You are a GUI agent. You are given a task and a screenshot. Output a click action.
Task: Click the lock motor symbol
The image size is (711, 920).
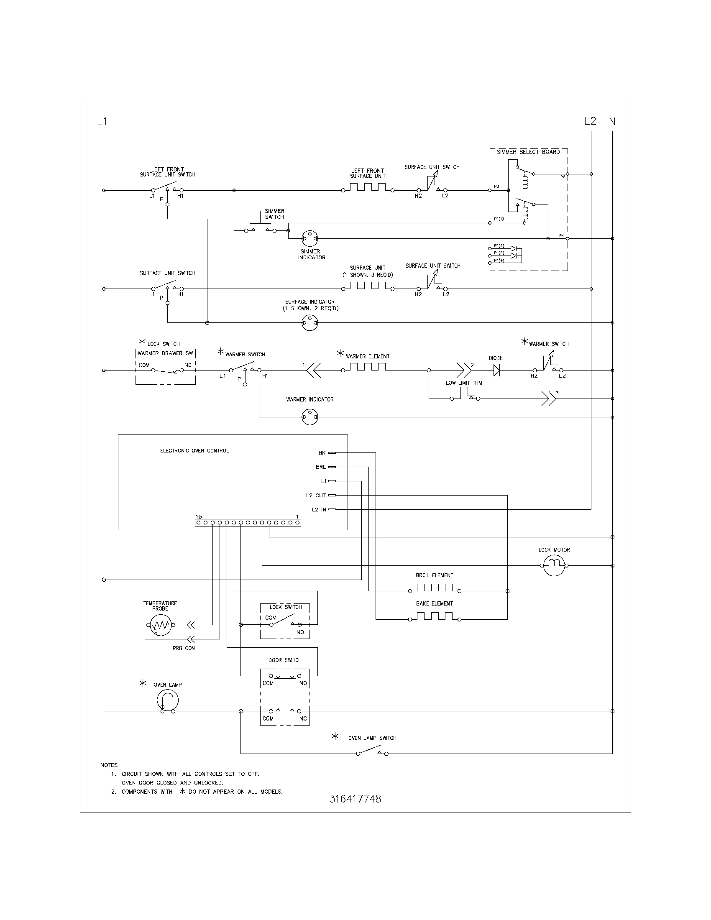click(x=554, y=565)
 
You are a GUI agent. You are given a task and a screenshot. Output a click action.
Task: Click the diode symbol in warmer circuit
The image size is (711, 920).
click(x=496, y=370)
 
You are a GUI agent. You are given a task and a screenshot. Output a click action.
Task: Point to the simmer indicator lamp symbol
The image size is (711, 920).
click(x=310, y=239)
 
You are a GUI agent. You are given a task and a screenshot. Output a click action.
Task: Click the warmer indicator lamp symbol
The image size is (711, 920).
click(x=310, y=417)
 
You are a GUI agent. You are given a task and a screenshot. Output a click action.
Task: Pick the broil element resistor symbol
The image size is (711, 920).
click(x=434, y=588)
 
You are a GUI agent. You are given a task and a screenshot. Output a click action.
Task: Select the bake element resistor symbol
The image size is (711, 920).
click(x=434, y=616)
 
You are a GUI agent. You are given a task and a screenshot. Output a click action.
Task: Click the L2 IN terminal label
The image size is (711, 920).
click(x=319, y=509)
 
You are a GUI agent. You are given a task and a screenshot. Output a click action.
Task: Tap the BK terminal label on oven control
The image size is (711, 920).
click(x=322, y=453)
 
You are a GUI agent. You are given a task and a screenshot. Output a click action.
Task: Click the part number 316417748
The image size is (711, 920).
click(x=355, y=799)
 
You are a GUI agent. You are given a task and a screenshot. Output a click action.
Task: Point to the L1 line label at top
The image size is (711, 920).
click(x=102, y=122)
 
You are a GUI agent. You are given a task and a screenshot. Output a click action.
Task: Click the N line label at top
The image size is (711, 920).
click(x=612, y=122)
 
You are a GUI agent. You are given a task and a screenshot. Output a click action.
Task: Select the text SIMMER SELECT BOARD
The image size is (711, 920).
click(x=528, y=152)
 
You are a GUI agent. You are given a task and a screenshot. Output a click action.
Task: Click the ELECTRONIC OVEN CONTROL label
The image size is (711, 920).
click(x=194, y=451)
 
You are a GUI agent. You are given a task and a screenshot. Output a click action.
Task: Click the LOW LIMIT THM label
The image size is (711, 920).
click(x=464, y=383)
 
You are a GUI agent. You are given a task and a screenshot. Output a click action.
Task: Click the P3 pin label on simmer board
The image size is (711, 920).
click(x=496, y=186)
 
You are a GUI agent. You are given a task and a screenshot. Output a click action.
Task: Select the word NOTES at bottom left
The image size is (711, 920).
click(x=110, y=765)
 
